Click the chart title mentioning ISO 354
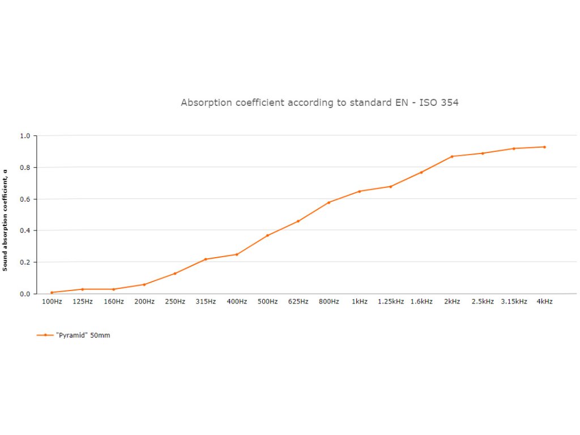[x=319, y=103]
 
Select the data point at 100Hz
[x=52, y=292]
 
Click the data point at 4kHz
[x=544, y=147]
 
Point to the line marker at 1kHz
[x=360, y=191]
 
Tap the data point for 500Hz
[x=267, y=235]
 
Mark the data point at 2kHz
[x=452, y=156]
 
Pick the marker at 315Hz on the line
[x=206, y=259]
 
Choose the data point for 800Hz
[x=329, y=202]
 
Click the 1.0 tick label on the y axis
[x=25, y=136]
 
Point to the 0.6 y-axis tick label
[x=25, y=199]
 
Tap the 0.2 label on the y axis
[x=25, y=262]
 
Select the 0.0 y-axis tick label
[x=25, y=294]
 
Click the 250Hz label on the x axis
[x=175, y=302]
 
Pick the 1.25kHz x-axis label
[x=391, y=302]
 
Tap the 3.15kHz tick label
[x=514, y=302]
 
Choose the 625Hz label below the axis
[x=298, y=302]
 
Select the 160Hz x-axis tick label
[x=113, y=302]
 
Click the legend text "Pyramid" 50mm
[x=83, y=335]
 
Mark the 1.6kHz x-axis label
[x=421, y=302]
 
